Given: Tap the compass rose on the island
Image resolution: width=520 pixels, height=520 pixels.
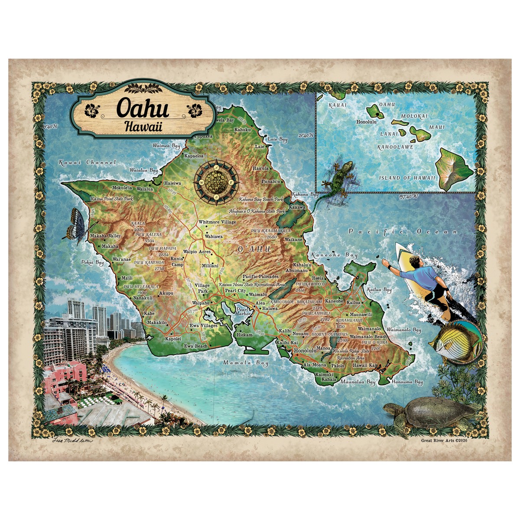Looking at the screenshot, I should point(215,182).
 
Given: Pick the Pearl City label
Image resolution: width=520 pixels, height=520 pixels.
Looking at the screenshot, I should point(235,291).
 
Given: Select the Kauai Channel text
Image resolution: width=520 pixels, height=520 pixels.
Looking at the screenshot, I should point(87,162).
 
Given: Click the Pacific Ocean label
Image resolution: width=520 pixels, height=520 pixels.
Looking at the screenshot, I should point(403,232).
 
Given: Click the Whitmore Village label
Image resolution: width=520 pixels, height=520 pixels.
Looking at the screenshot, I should point(217,222).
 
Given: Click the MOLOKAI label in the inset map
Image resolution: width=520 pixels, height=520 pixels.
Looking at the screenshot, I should point(414,117).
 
